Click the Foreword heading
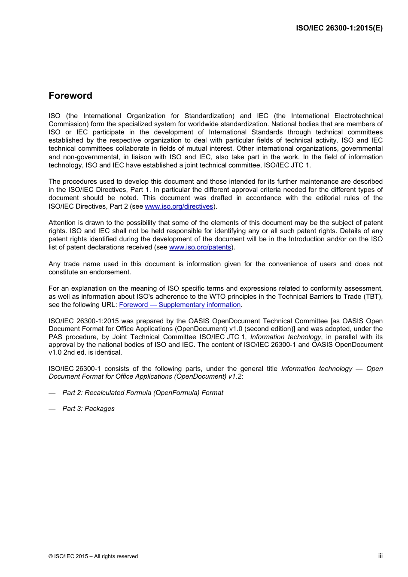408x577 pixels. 70,96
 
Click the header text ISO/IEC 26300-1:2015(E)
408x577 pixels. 339,28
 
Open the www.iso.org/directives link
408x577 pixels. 179,207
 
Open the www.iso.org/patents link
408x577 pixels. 200,247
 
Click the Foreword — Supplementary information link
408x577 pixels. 180,305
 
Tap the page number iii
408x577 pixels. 380,556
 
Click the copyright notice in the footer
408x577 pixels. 93,556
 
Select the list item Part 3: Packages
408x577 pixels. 88,409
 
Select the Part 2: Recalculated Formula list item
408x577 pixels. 143,393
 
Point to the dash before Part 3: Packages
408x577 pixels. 52,409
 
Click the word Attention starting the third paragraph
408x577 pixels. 62,223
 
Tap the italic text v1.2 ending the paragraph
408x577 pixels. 234,377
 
